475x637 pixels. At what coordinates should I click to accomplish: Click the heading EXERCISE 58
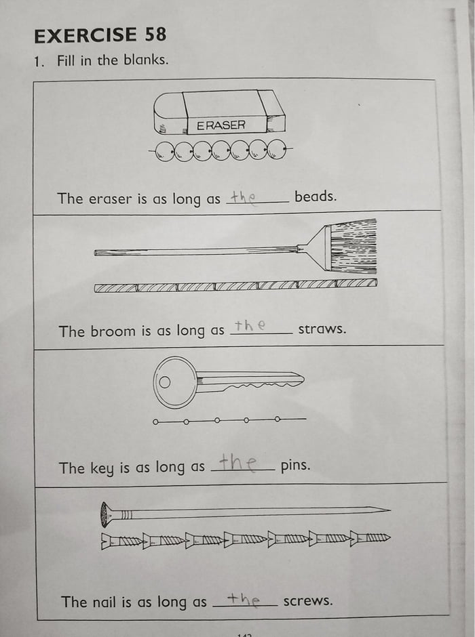pyautogui.click(x=100, y=35)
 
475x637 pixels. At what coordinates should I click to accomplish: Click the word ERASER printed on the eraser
pyautogui.click(x=221, y=125)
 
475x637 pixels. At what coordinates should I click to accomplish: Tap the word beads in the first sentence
pyautogui.click(x=315, y=197)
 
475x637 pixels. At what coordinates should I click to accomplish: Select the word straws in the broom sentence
pyautogui.click(x=322, y=330)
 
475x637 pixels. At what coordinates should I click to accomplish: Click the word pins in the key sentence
pyautogui.click(x=295, y=466)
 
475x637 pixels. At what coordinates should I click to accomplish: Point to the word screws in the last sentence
pyautogui.click(x=308, y=600)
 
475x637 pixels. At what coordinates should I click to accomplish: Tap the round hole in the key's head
pyautogui.click(x=165, y=382)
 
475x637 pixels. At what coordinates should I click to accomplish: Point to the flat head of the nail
pyautogui.click(x=104, y=514)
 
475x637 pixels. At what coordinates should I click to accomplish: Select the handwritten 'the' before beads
pyautogui.click(x=242, y=197)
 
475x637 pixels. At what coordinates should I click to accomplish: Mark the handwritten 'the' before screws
pyautogui.click(x=243, y=598)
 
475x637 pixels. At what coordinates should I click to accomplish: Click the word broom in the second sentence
pyautogui.click(x=113, y=331)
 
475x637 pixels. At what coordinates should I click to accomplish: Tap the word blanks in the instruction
pyautogui.click(x=146, y=60)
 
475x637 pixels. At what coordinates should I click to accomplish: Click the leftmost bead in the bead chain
pyautogui.click(x=165, y=151)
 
